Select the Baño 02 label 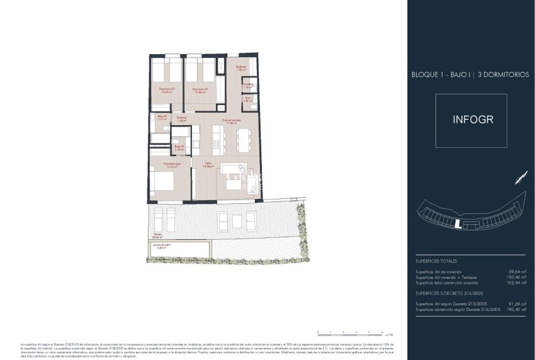161,118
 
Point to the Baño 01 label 179,148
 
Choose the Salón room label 208,165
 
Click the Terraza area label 157,236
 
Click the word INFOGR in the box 470,120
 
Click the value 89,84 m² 518,271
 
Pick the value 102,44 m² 517,283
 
